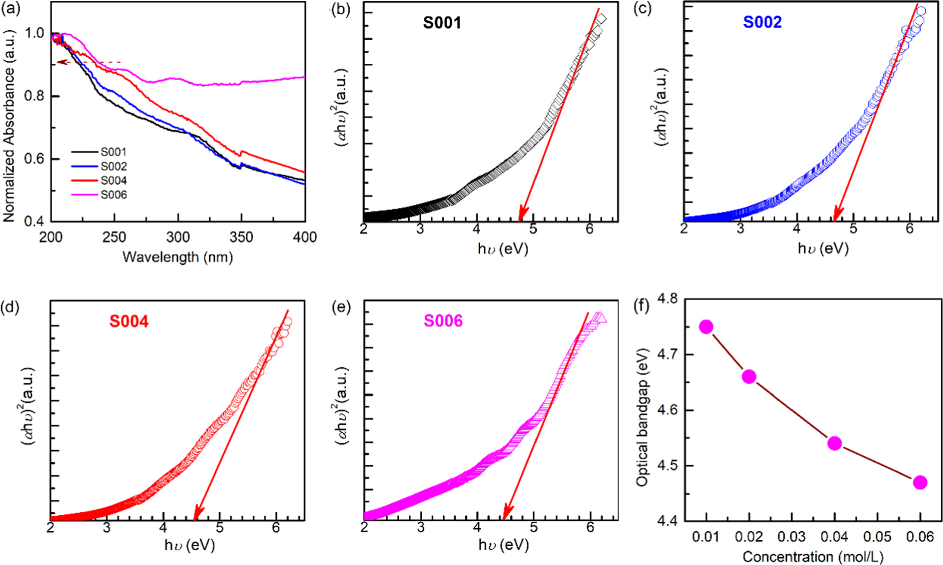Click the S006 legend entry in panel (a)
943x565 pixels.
pyautogui.click(x=113, y=195)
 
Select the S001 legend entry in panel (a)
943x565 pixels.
pyautogui.click(x=113, y=152)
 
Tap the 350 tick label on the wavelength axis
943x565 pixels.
pyautogui.click(x=241, y=237)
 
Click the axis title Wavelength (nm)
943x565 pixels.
pyautogui.click(x=178, y=257)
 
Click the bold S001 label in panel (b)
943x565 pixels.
pyautogui.click(x=442, y=23)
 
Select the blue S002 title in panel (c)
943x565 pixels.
pyautogui.click(x=762, y=22)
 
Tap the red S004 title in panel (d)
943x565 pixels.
pyautogui.click(x=129, y=322)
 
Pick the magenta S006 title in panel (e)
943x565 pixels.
pyautogui.click(x=443, y=321)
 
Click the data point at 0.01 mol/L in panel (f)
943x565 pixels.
pyautogui.click(x=706, y=327)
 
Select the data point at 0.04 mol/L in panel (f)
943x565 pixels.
pyautogui.click(x=835, y=443)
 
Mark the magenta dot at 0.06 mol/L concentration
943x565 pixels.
pyautogui.click(x=920, y=482)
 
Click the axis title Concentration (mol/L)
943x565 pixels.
pyautogui.click(x=813, y=557)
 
